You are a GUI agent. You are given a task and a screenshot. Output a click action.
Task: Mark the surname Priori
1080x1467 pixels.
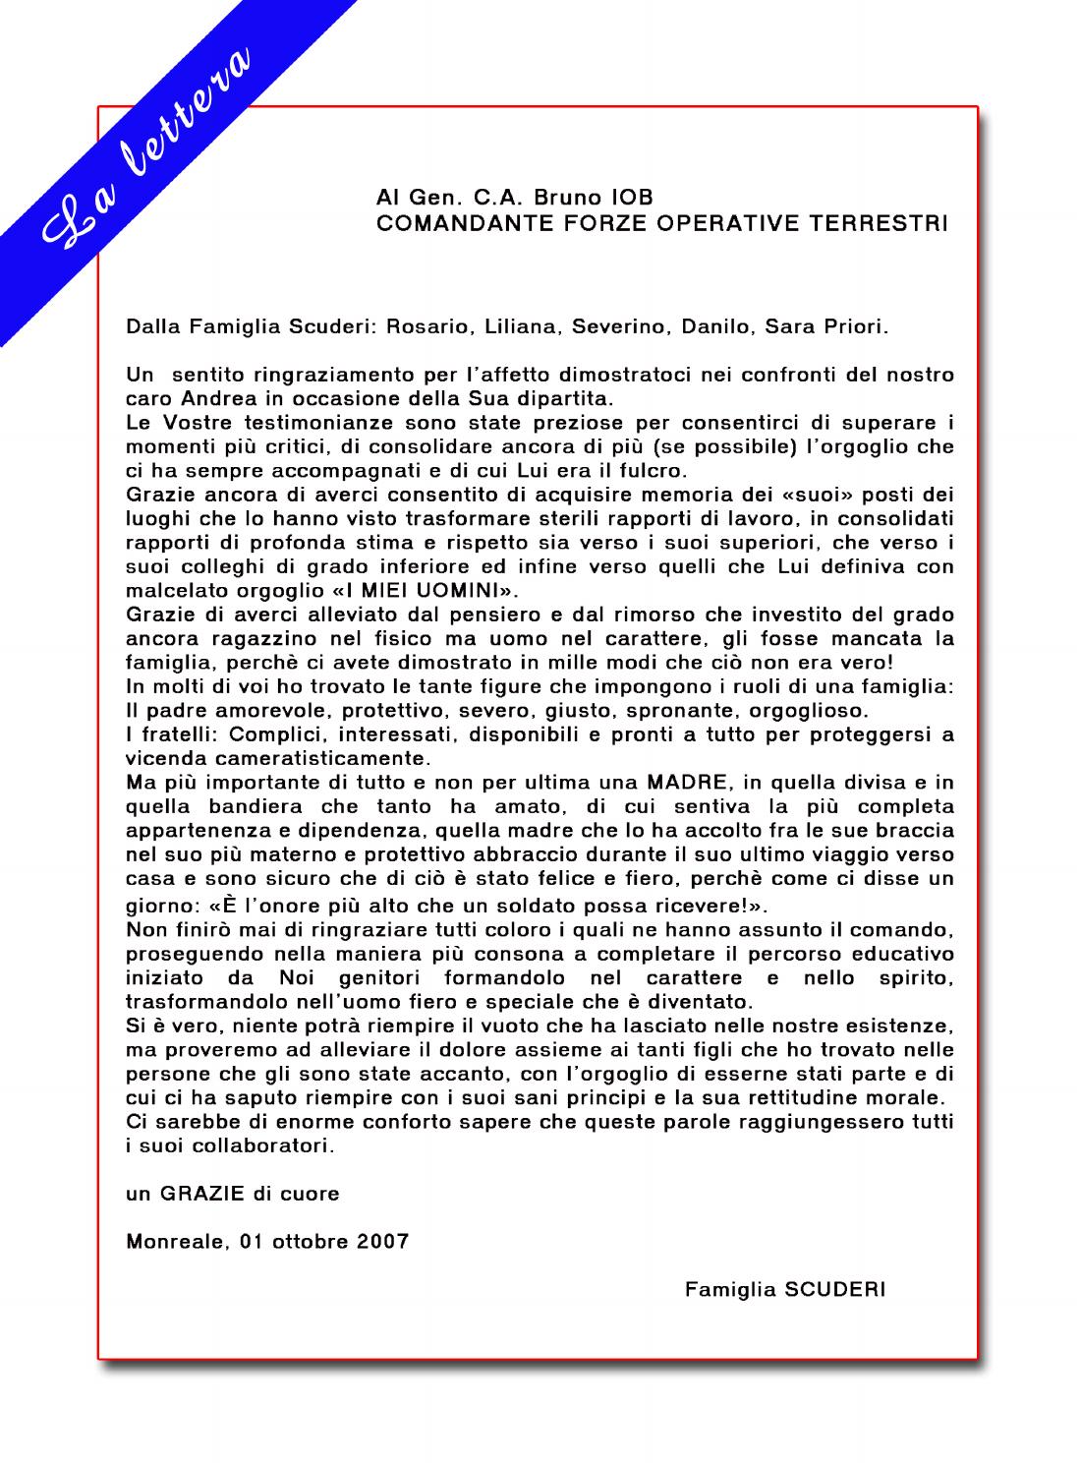point(853,326)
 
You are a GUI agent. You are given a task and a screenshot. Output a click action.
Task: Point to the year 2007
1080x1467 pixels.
point(383,1241)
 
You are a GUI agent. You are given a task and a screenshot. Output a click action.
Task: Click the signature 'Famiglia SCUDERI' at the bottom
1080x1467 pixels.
point(784,1289)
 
